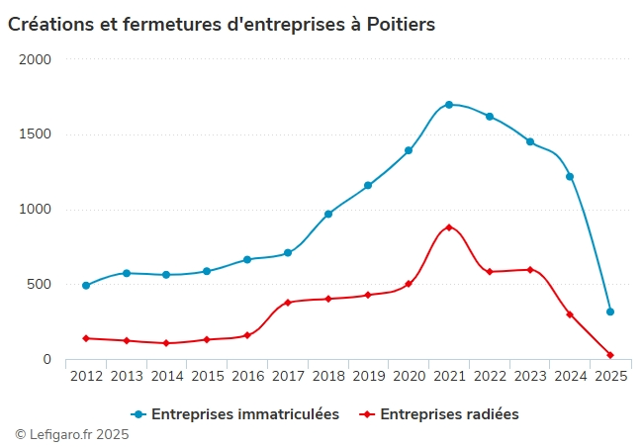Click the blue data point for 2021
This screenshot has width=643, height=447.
(449, 105)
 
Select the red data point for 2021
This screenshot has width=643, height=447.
(449, 227)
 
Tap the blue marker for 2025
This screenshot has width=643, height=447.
(610, 312)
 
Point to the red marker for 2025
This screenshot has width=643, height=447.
(610, 355)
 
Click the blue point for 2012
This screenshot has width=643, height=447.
(86, 285)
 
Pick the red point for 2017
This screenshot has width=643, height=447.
(288, 303)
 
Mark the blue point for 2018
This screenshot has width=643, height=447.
(328, 214)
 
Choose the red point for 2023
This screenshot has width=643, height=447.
(530, 269)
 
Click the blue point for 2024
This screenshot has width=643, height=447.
(570, 177)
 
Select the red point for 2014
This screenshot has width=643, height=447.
(166, 343)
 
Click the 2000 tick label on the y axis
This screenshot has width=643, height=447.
(35, 59)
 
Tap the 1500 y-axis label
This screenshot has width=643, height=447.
(35, 134)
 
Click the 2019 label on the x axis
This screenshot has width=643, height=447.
(368, 376)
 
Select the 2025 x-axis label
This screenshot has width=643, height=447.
(610, 376)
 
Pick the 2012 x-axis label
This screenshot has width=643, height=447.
(86, 376)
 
